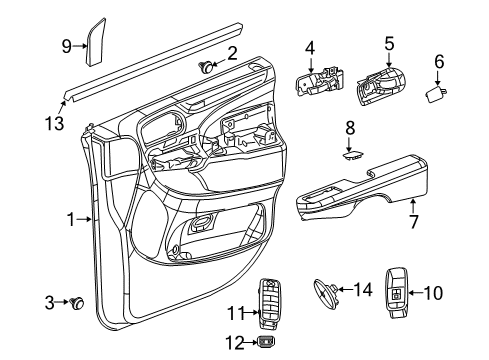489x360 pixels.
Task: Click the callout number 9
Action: [66, 45]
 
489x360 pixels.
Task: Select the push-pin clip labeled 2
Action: [208, 67]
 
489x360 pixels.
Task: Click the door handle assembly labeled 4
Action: [319, 82]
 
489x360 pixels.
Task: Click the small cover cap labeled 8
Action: [351, 155]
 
